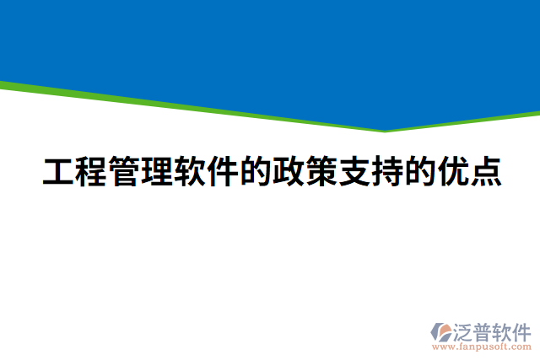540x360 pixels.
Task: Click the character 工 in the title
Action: click(x=58, y=172)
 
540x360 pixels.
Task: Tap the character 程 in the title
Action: click(x=91, y=172)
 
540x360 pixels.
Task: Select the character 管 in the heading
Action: click(x=124, y=172)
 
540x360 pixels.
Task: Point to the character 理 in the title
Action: click(x=156, y=172)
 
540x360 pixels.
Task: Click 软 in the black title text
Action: click(x=189, y=172)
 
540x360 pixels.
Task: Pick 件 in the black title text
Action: click(x=222, y=172)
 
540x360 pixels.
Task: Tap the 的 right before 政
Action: click(x=254, y=172)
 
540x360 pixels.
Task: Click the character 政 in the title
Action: click(x=287, y=172)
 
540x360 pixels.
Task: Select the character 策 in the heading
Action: click(x=320, y=172)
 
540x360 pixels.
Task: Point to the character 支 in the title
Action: click(x=353, y=172)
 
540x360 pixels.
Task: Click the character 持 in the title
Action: click(x=385, y=172)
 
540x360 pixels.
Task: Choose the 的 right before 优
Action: click(x=418, y=172)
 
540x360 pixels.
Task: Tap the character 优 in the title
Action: click(x=451, y=172)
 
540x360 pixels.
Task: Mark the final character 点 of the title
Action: click(x=483, y=172)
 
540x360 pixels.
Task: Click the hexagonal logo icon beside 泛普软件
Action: click(x=442, y=331)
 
